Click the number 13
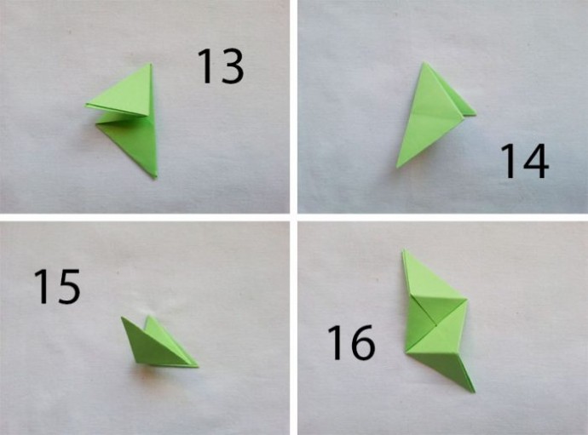pos(221,66)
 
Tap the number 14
pos(525,161)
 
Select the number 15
pos(57,286)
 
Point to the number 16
pos(351,342)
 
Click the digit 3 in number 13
pos(233,66)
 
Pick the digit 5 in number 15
pos(69,286)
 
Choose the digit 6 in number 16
pos(363,342)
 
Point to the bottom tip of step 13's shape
pos(155,178)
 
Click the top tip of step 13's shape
pos(151,63)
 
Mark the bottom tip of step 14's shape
pos(397,167)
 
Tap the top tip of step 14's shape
pos(424,63)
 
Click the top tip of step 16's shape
pos(404,249)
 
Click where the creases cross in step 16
pos(436,325)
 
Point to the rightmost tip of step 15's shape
pos(198,366)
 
